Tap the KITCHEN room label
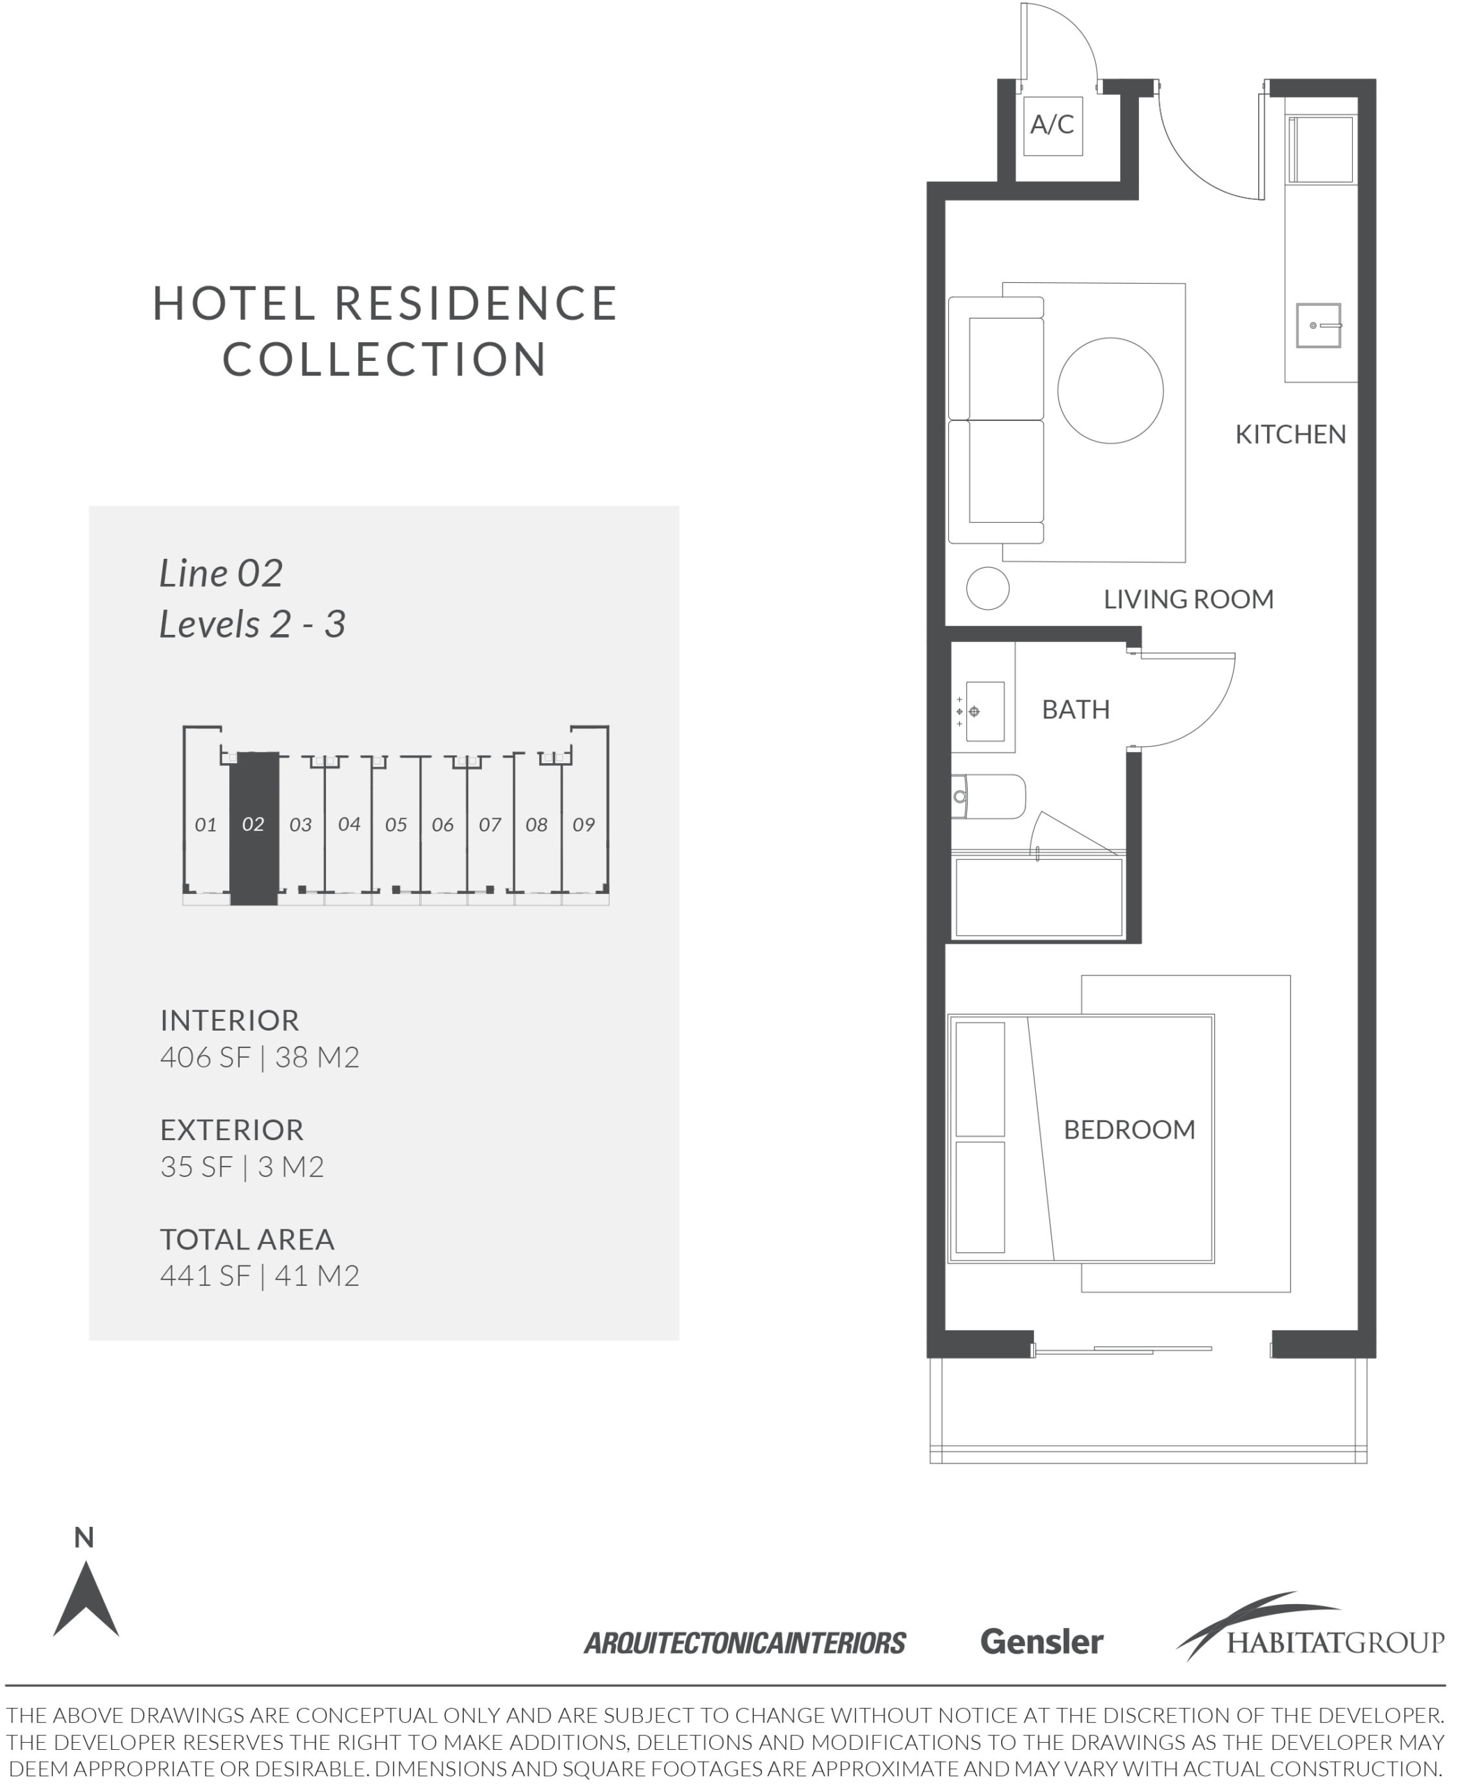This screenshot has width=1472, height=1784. coord(1289,434)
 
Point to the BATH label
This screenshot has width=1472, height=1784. coord(1075,709)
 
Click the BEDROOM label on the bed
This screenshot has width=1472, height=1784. coord(1129,1129)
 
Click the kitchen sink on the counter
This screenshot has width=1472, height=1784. coord(1319,325)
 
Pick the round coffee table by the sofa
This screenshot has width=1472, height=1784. coord(1110,390)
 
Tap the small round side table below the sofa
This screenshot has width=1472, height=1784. coord(988,588)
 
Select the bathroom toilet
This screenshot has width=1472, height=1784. coord(988,797)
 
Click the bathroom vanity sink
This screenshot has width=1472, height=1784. coord(984,711)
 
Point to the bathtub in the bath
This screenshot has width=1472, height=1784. coord(1039,898)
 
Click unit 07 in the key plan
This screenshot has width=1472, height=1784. coord(490,824)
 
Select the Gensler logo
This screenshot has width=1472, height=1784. coord(1041,1641)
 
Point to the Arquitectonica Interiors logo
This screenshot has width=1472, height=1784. coord(745,1643)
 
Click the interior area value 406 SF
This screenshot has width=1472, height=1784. coord(206,1057)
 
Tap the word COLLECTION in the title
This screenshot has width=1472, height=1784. coord(385,359)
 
